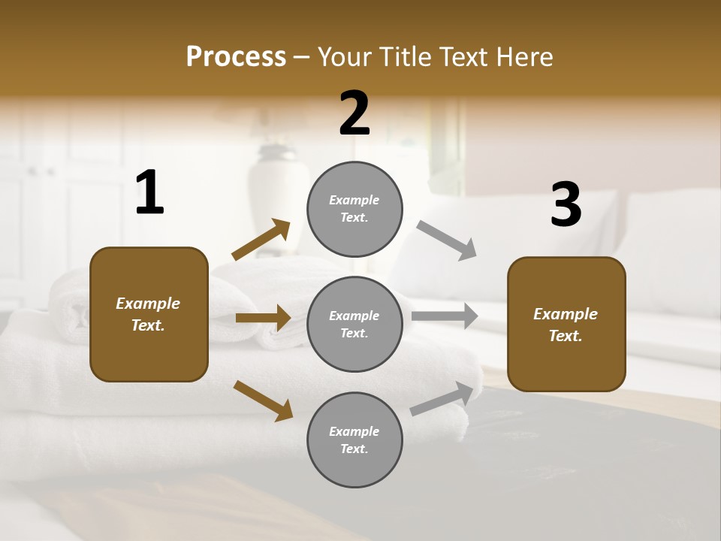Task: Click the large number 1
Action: [149, 193]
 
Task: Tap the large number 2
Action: [354, 113]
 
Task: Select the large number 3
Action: [566, 205]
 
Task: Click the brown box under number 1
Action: [149, 314]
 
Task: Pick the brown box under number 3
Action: [566, 324]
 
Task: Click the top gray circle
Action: [354, 209]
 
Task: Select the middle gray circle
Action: [354, 324]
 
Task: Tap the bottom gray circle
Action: [354, 440]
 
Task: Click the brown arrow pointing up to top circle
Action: [261, 239]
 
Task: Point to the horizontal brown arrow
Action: [263, 318]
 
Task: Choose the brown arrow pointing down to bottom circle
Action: [263, 400]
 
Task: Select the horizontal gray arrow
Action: [445, 316]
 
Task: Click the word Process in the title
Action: [236, 56]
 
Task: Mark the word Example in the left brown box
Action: [148, 304]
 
